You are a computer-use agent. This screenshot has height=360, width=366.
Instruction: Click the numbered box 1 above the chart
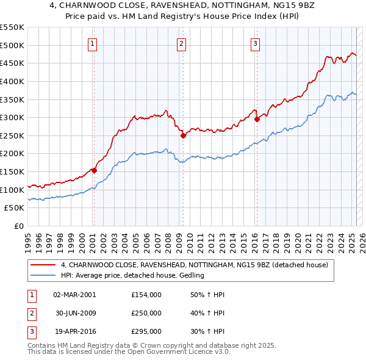tap(92, 43)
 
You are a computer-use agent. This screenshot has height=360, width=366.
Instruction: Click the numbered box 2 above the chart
tap(182, 43)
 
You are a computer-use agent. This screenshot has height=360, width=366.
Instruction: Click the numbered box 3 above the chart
tap(255, 43)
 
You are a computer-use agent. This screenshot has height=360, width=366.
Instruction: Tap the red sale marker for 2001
tap(94, 170)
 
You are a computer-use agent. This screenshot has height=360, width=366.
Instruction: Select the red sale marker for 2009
tap(184, 135)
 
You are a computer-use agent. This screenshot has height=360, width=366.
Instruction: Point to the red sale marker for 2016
tap(257, 120)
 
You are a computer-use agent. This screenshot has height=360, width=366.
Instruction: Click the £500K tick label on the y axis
tap(12, 45)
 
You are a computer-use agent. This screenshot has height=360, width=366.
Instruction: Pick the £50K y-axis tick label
tap(15, 208)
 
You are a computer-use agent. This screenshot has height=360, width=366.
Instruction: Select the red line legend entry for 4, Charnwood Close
tap(195, 265)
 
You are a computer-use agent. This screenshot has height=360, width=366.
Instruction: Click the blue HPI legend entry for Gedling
tap(132, 275)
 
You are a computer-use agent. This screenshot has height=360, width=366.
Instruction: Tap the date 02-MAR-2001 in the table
tap(74, 295)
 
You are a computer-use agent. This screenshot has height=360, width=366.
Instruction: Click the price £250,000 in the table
tap(146, 313)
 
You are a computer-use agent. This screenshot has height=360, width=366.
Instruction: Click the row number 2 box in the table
tap(31, 313)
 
